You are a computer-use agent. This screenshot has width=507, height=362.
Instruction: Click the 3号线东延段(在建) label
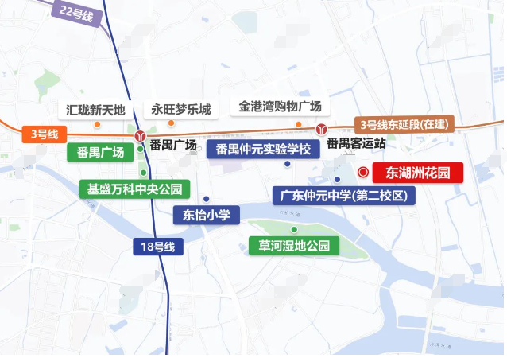point(404,124)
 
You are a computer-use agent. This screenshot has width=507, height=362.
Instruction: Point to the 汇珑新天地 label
point(97,109)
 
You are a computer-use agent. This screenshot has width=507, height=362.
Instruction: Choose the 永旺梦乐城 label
point(182,109)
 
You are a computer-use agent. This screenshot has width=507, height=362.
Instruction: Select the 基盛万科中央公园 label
point(135,189)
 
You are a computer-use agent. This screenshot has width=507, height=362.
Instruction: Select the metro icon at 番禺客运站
point(321,128)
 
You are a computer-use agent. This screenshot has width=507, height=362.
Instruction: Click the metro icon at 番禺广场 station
point(140,135)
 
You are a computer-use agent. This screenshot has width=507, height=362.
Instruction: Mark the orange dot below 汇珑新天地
point(97,124)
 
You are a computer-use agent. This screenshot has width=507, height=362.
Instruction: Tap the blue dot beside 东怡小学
point(206,199)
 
